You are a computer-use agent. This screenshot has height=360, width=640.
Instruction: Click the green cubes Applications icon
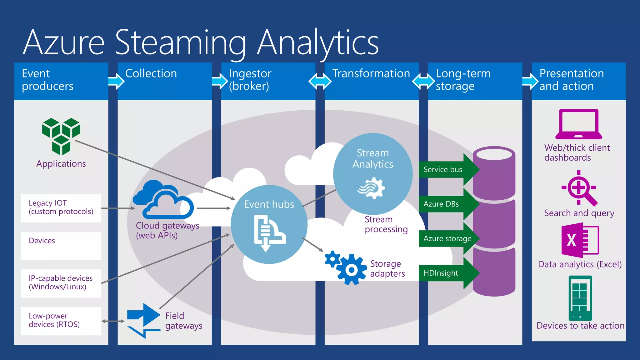[x=61, y=136]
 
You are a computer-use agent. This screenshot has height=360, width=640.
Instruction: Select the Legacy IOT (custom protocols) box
[x=61, y=208]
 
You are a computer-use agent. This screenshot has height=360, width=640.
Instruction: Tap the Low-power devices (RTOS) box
[x=61, y=321]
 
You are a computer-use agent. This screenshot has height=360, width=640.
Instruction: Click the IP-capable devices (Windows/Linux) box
[x=61, y=283]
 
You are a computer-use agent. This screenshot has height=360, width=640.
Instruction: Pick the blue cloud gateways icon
[x=163, y=200]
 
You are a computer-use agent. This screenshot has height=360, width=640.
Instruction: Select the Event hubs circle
[x=269, y=224]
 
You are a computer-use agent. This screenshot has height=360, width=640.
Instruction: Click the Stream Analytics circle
[x=372, y=174]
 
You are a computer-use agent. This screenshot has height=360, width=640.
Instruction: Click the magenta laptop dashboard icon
[x=578, y=124]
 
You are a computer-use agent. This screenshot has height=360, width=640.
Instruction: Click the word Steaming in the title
[x=181, y=42]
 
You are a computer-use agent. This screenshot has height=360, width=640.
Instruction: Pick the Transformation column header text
[x=371, y=73]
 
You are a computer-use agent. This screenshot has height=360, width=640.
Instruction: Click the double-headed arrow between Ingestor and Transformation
[x=320, y=82]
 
